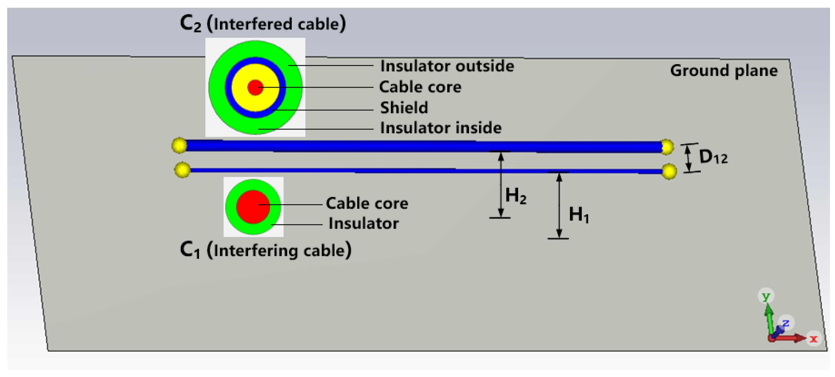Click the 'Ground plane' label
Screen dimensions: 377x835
(724, 71)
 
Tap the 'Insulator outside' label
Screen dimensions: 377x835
(447, 66)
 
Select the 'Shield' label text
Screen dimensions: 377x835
(404, 108)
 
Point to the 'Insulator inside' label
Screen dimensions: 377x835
(441, 128)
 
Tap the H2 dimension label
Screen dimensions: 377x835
(515, 196)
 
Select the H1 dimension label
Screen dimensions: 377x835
(579, 214)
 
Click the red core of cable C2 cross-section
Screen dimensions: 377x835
(255, 88)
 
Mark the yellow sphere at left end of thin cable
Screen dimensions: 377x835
(182, 170)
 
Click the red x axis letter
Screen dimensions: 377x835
(813, 339)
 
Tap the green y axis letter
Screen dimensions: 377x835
(766, 296)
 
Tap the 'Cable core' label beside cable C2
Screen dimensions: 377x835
(420, 87)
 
